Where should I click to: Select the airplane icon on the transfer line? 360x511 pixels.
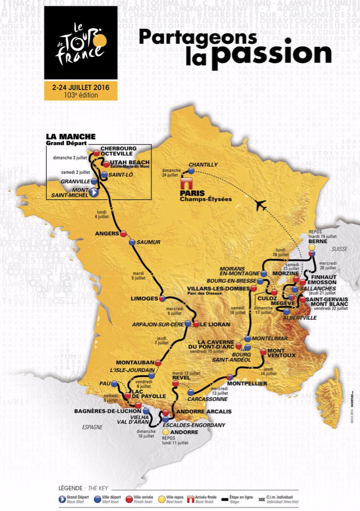260,204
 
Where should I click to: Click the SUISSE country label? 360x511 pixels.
340,248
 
